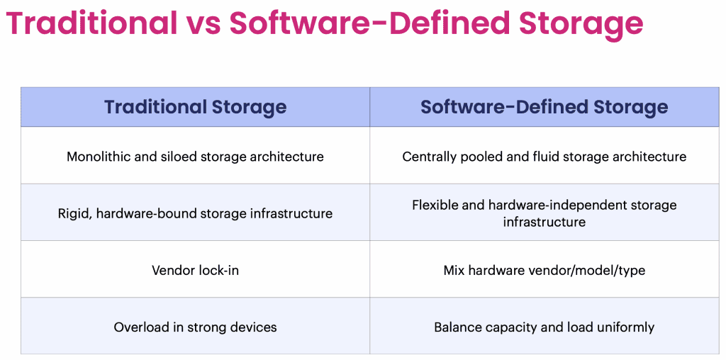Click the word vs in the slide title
[x=203, y=23]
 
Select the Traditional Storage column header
[x=196, y=107]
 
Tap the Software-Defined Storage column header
[x=544, y=107]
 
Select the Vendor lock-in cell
[x=195, y=270]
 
